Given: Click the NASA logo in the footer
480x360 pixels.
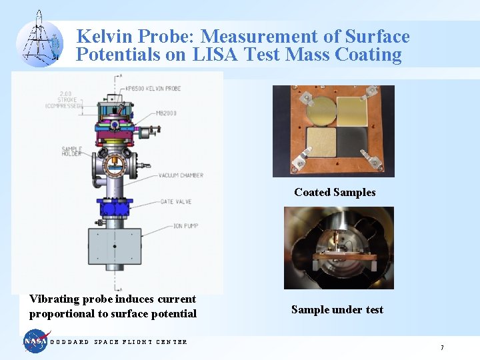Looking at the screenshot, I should point(37,341).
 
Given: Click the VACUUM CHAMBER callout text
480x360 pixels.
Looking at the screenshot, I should point(181,175).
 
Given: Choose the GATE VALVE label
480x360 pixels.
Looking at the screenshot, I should point(177,201).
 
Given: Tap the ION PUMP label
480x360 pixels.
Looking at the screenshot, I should point(174,226).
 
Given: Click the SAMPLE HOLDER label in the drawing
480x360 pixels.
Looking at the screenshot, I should point(71,151).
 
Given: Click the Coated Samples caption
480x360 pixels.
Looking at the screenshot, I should point(335,192).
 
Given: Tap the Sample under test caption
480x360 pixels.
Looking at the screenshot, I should point(337,309).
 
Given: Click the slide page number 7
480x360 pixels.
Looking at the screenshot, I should point(441,347).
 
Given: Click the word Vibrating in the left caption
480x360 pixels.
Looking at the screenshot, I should point(53,299).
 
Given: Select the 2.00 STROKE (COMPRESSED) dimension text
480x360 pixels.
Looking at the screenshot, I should point(64,99).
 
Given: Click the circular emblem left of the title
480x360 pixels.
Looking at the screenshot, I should point(39,41).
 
